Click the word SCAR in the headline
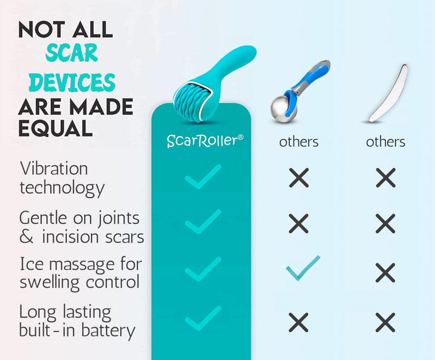72,53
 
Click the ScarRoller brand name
202,140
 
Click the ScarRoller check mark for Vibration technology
202,177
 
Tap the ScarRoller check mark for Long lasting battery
202,319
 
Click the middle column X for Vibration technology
299,177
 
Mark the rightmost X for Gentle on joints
386,224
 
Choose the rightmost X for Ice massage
386,271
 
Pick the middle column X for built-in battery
299,322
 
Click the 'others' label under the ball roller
299,142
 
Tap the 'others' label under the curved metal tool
386,142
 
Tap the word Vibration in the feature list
53,168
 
